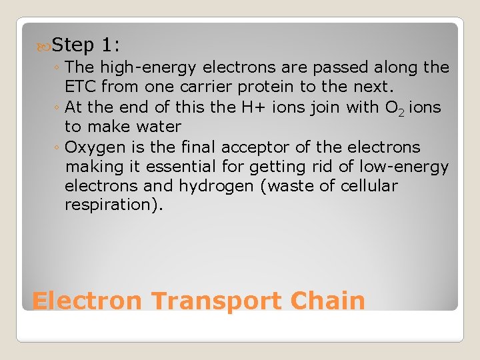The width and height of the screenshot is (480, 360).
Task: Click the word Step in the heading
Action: point(73,45)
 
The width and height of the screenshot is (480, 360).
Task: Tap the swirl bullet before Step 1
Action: point(44,46)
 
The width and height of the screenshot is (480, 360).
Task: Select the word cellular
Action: point(367,186)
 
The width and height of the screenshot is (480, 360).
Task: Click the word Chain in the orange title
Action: point(328,301)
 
